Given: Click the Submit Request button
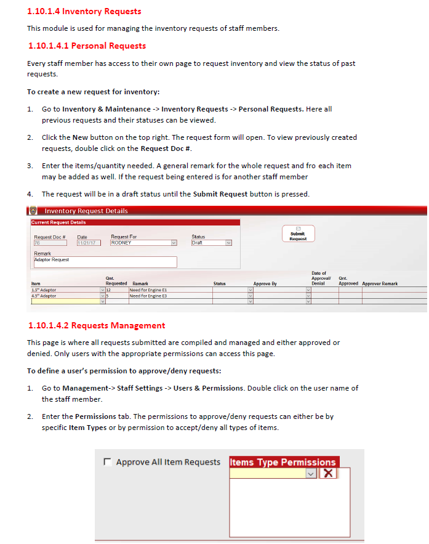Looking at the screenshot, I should pos(298,234).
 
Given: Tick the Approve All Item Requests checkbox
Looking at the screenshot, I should pos(108,462).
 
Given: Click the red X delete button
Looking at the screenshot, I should pos(328,473).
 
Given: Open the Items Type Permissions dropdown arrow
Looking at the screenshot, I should pos(311,473).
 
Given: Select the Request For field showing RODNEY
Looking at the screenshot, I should pos(140,243).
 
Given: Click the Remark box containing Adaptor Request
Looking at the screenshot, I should pos(105,262).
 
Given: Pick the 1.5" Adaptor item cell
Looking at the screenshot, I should pos(64,290).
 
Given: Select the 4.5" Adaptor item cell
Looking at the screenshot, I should pos(64,296).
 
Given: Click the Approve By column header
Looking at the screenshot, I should pos(265,284).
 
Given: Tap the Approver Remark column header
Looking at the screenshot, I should pos(380,284).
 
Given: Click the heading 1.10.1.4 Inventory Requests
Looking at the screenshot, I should pos(84,11).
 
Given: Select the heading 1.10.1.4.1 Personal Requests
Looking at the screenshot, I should pos(87,46).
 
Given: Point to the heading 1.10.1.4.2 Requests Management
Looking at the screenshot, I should pos(97,325).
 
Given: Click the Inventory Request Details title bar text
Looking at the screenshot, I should pos(86,211).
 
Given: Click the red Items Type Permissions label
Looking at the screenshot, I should pos(283,462).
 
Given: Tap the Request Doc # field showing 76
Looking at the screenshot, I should pos(49,243).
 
